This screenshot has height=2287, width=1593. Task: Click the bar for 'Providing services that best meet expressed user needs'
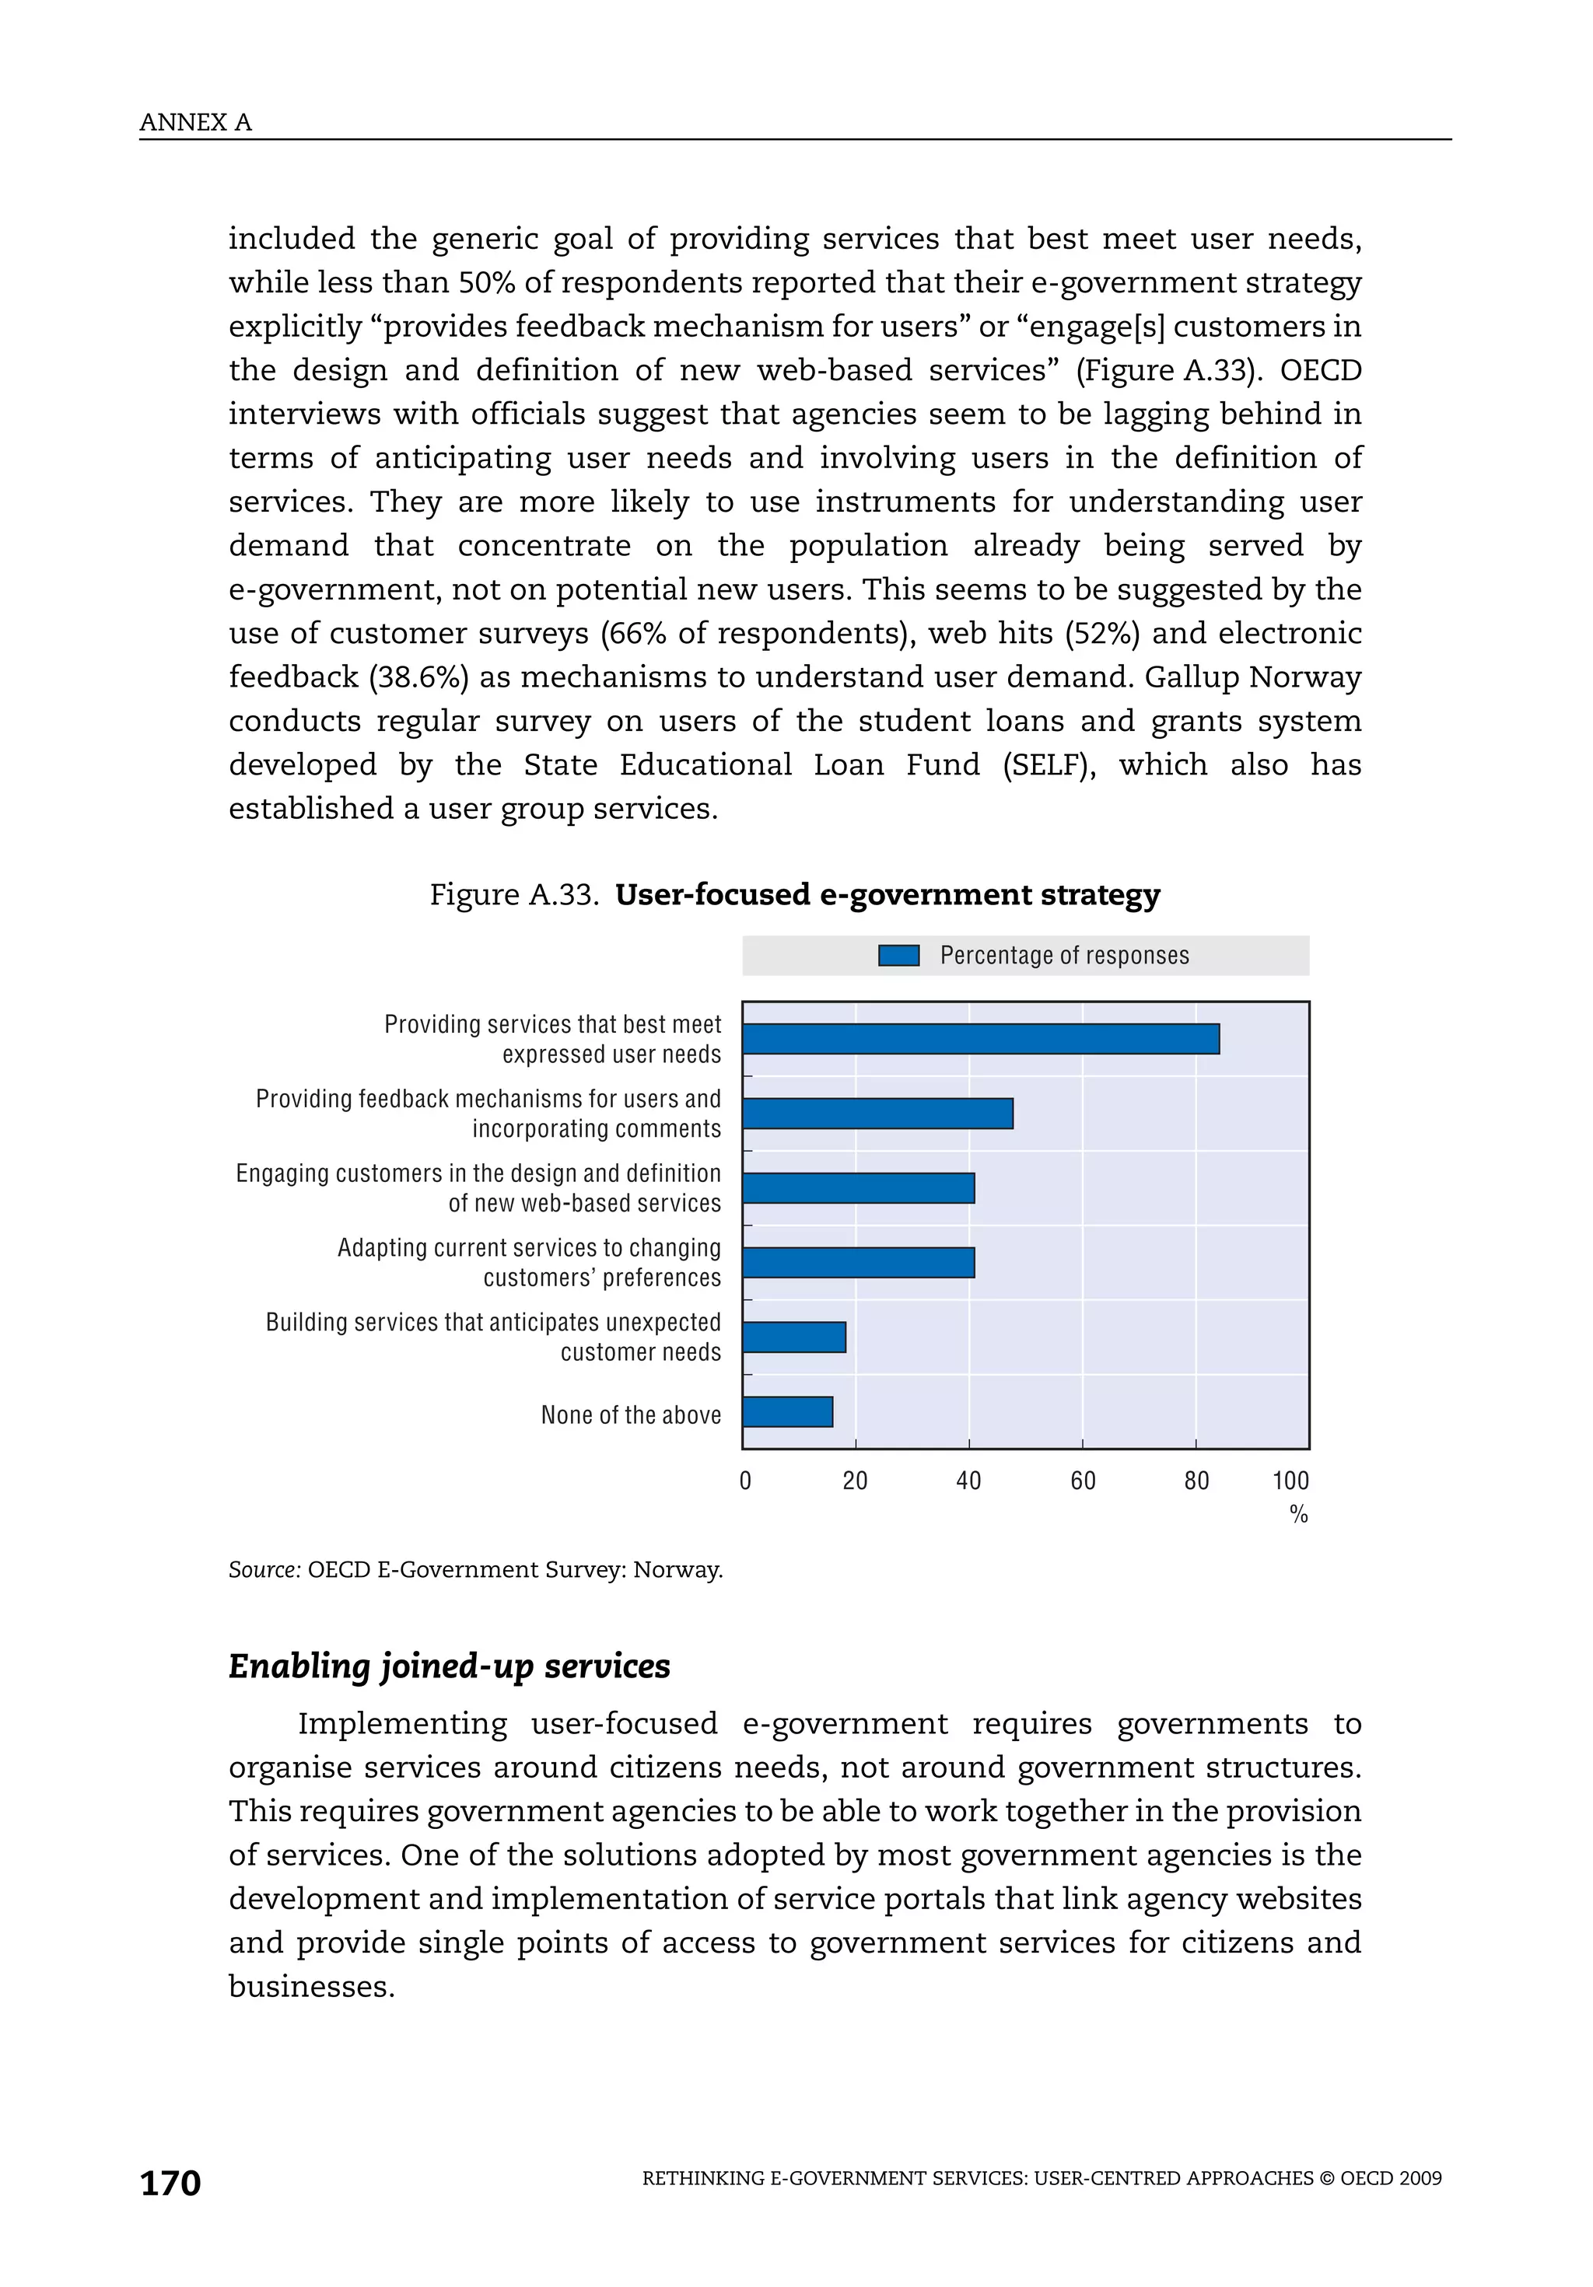click(980, 1039)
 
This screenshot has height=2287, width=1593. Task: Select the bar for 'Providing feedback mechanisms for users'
click(877, 1114)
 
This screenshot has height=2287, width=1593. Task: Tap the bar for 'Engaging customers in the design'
click(858, 1188)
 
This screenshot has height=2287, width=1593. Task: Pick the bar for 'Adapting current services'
click(858, 1263)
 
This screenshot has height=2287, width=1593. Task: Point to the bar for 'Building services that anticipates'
click(794, 1338)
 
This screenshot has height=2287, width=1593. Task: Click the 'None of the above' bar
click(787, 1412)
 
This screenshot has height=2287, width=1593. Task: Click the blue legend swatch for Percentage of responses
click(898, 956)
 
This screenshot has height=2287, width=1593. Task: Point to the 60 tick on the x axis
click(1083, 1481)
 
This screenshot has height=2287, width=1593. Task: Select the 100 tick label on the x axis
click(1290, 1481)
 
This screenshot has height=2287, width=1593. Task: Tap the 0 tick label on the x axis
click(745, 1481)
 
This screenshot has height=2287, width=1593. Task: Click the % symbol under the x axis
click(1298, 1515)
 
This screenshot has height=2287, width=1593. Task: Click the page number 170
click(170, 2184)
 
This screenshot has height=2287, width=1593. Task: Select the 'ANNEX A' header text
click(195, 123)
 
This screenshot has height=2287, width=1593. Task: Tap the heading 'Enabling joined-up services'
click(450, 1666)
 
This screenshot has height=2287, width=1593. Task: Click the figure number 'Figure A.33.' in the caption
click(514, 894)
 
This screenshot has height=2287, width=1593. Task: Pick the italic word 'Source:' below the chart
click(264, 1570)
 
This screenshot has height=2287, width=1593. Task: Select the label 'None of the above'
click(631, 1415)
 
